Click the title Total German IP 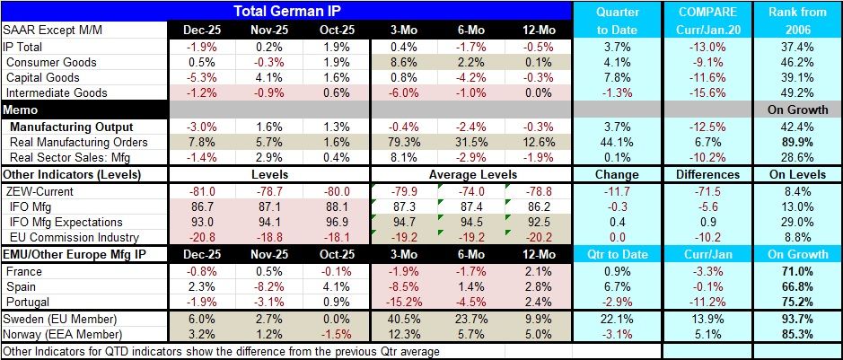286,12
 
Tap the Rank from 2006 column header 795,21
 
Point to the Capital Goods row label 43,78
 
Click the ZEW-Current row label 40,190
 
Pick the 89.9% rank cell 795,143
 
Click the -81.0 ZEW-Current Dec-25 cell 202,190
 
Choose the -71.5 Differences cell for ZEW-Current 706,190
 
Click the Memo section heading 21,110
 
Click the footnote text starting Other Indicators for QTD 221,351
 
